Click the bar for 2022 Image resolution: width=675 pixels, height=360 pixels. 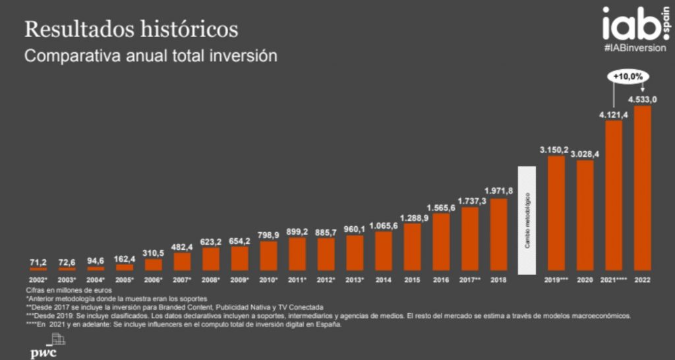pos(642,188)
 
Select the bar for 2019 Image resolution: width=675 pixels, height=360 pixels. pos(556,213)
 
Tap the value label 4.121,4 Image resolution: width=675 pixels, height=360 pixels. pos(613,115)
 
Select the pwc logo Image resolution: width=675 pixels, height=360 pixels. pos(45,347)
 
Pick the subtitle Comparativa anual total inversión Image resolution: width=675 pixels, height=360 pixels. pos(150,56)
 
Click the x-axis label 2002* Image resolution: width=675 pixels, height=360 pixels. pos(38,280)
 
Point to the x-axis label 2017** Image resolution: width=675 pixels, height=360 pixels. pos(470,280)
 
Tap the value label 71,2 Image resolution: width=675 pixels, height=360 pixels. pos(38,262)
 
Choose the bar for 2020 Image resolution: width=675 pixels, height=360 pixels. pos(585,216)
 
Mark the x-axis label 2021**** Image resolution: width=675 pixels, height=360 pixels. pos(614,280)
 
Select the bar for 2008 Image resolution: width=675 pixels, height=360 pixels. pos(211,258)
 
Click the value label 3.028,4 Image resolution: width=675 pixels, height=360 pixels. pos(585,154)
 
